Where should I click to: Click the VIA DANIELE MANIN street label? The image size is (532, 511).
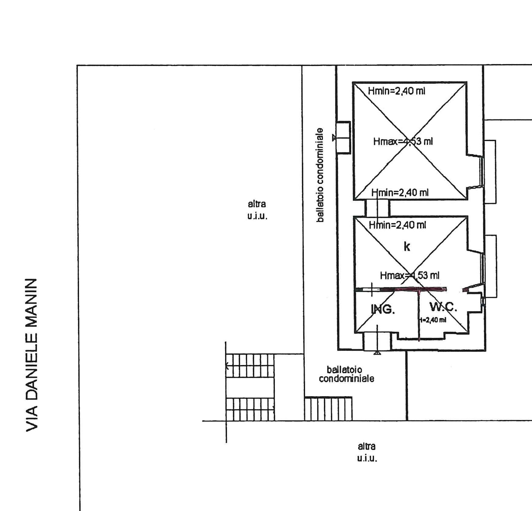pyautogui.click(x=32, y=355)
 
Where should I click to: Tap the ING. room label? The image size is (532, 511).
pyautogui.click(x=383, y=309)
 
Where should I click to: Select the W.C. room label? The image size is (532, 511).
pyautogui.click(x=443, y=306)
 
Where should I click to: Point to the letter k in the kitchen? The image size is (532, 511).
pyautogui.click(x=407, y=246)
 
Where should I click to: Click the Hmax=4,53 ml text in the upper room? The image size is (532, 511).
pyautogui.click(x=403, y=141)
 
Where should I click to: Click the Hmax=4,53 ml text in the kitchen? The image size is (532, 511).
pyautogui.click(x=409, y=276)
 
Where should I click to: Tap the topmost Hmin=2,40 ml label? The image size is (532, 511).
pyautogui.click(x=396, y=91)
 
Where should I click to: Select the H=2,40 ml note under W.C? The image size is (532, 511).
pyautogui.click(x=433, y=320)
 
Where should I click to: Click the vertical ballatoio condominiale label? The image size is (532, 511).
pyautogui.click(x=320, y=175)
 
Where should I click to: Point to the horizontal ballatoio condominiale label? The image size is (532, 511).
pyautogui.click(x=346, y=374)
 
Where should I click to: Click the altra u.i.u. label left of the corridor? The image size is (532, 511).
pyautogui.click(x=257, y=210)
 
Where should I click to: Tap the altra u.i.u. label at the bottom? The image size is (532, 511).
pyautogui.click(x=367, y=452)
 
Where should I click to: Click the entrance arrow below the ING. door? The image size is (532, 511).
pyautogui.click(x=377, y=353)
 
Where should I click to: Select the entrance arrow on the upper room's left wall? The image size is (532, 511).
pyautogui.click(x=334, y=138)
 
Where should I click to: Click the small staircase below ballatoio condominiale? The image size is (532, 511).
pyautogui.click(x=328, y=409)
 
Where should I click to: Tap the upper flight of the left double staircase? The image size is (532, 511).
pyautogui.click(x=250, y=365)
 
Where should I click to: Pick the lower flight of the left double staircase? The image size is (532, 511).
pyautogui.click(x=250, y=409)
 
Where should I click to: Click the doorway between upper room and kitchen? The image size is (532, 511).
pyautogui.click(x=377, y=208)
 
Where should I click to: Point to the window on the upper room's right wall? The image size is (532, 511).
pyautogui.click(x=482, y=171)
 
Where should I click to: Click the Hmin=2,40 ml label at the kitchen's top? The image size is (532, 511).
pyautogui.click(x=397, y=225)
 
